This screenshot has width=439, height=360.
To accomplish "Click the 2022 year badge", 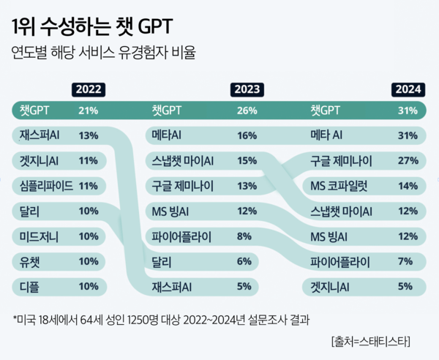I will pos(88,90).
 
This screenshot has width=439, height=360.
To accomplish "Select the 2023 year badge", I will pos(248,90).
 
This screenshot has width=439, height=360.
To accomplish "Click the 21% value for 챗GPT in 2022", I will pos(88,111).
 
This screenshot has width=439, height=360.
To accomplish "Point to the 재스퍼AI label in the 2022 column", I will pos(40,135).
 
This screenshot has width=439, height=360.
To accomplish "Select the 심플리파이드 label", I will pos(47,186).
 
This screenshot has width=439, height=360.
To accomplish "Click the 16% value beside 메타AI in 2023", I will pos(247,135).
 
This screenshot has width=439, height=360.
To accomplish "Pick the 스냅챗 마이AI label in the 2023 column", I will pos(183,160).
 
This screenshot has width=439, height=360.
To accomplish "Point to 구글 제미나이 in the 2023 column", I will pos(184,186).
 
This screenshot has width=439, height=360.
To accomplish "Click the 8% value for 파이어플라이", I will pos(245,236).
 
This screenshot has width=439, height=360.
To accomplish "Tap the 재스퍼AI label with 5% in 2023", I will pos(171,286).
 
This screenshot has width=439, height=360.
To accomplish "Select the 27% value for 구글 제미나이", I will pos(408,160).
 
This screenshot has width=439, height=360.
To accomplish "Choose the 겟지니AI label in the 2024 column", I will pos(331,286).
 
